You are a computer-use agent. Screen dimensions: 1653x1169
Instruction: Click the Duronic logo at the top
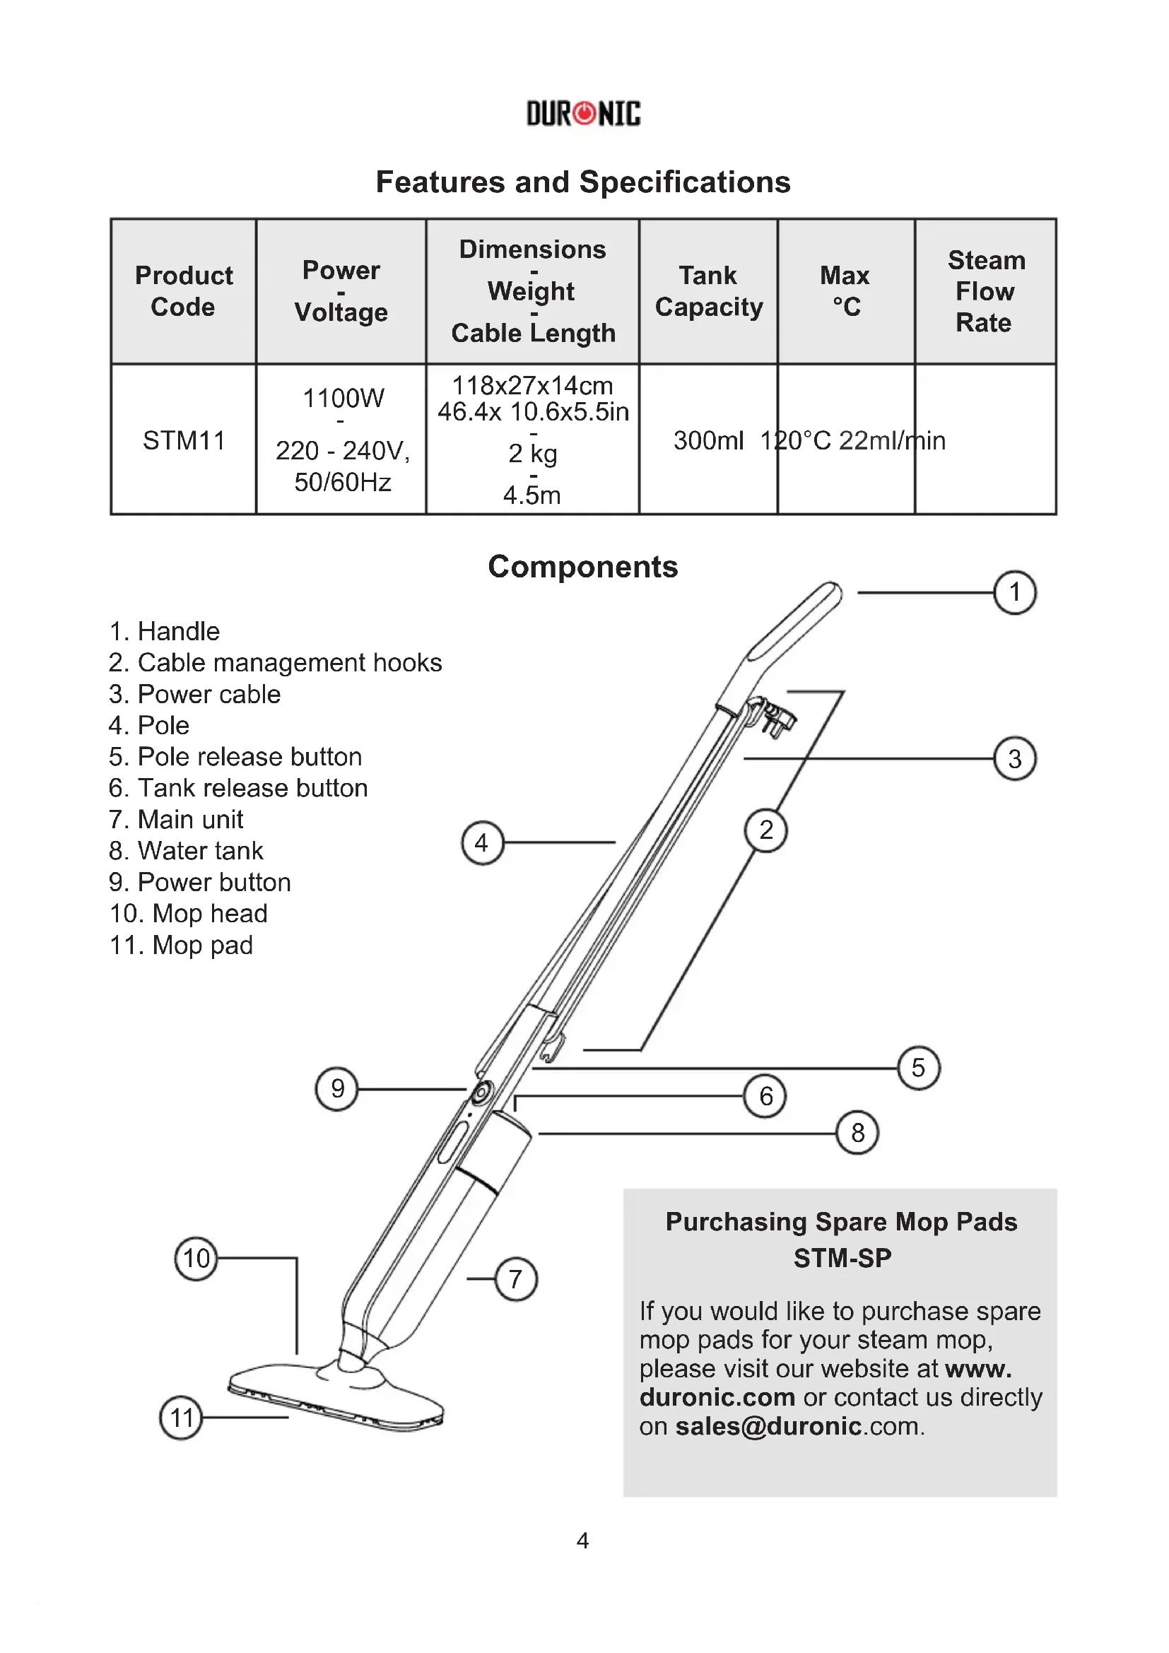point(583,114)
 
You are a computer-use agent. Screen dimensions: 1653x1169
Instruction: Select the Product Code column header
point(184,291)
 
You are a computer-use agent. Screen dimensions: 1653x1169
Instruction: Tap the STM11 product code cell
point(184,440)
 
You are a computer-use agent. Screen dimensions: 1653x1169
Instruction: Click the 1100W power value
point(343,398)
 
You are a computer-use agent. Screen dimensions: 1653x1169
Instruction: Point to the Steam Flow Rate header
point(985,291)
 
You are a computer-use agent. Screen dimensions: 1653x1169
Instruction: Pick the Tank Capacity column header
point(708,291)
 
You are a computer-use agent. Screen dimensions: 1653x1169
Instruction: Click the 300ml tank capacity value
point(708,440)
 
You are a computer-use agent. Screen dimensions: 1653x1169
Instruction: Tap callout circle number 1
point(1014,592)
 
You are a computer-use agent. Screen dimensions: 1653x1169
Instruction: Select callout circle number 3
point(1014,759)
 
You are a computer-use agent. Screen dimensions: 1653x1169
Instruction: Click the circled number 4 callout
point(481,842)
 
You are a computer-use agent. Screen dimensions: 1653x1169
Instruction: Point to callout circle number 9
point(337,1088)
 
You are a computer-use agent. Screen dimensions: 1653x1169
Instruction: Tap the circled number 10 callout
point(196,1259)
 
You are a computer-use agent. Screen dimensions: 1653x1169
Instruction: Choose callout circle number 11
point(181,1418)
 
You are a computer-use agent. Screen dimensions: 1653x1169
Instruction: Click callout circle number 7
point(515,1278)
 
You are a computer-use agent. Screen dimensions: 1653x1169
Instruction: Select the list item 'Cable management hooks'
point(276,662)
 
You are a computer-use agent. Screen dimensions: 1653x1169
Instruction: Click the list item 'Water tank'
point(187,851)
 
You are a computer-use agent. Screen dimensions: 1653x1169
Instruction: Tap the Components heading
point(583,567)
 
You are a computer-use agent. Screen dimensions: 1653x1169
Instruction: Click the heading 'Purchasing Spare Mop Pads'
point(841,1222)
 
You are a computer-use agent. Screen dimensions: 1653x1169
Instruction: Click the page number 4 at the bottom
point(583,1541)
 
